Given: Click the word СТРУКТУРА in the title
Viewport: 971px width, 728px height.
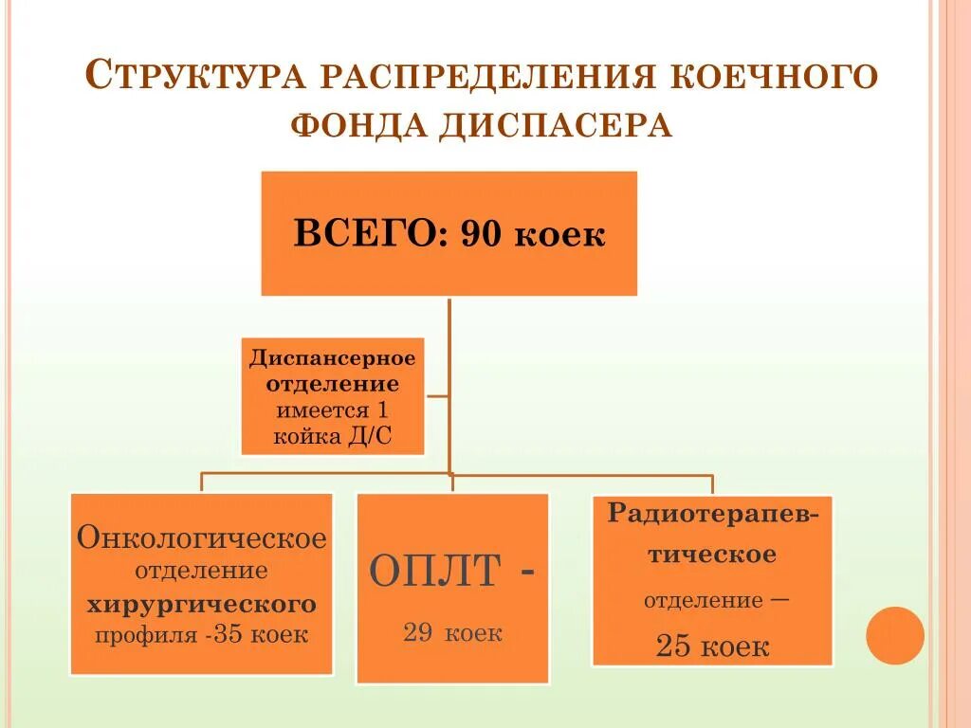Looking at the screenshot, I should tap(196, 76).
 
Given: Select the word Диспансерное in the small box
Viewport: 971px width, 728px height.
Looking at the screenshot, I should tap(332, 359).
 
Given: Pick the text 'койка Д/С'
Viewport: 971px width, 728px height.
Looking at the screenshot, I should tap(332, 437).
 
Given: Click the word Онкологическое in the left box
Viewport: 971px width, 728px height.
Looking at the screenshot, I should tap(202, 539).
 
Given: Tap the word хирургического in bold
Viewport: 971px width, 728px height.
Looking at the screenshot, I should tap(202, 604).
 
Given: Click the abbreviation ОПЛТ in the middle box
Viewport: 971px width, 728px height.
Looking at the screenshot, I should tap(434, 572).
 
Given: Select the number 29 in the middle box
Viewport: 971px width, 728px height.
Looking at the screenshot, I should tap(417, 633).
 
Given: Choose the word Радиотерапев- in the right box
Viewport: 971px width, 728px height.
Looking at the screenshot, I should tap(713, 514).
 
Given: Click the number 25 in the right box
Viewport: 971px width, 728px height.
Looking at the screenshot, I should tap(673, 647).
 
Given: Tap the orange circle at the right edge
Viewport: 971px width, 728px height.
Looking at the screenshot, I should tap(894, 635).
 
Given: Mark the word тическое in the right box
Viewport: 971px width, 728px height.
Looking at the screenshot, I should tap(712, 555).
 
